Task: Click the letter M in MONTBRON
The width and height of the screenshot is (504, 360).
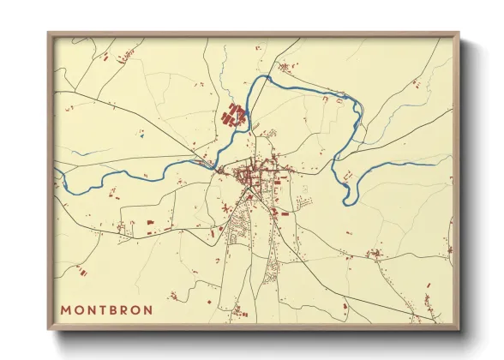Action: tap(66, 309)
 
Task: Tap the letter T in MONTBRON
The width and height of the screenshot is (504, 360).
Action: tap(105, 309)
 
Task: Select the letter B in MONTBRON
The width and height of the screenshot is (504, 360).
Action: tap(117, 309)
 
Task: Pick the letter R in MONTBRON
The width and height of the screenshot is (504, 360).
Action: tap(128, 309)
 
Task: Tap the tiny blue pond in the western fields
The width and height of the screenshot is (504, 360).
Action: tap(142, 133)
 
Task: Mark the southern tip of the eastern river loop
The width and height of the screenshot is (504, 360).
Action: tap(347, 202)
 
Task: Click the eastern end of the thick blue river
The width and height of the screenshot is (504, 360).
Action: tap(435, 165)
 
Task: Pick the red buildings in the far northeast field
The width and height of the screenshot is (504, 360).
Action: tap(417, 82)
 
